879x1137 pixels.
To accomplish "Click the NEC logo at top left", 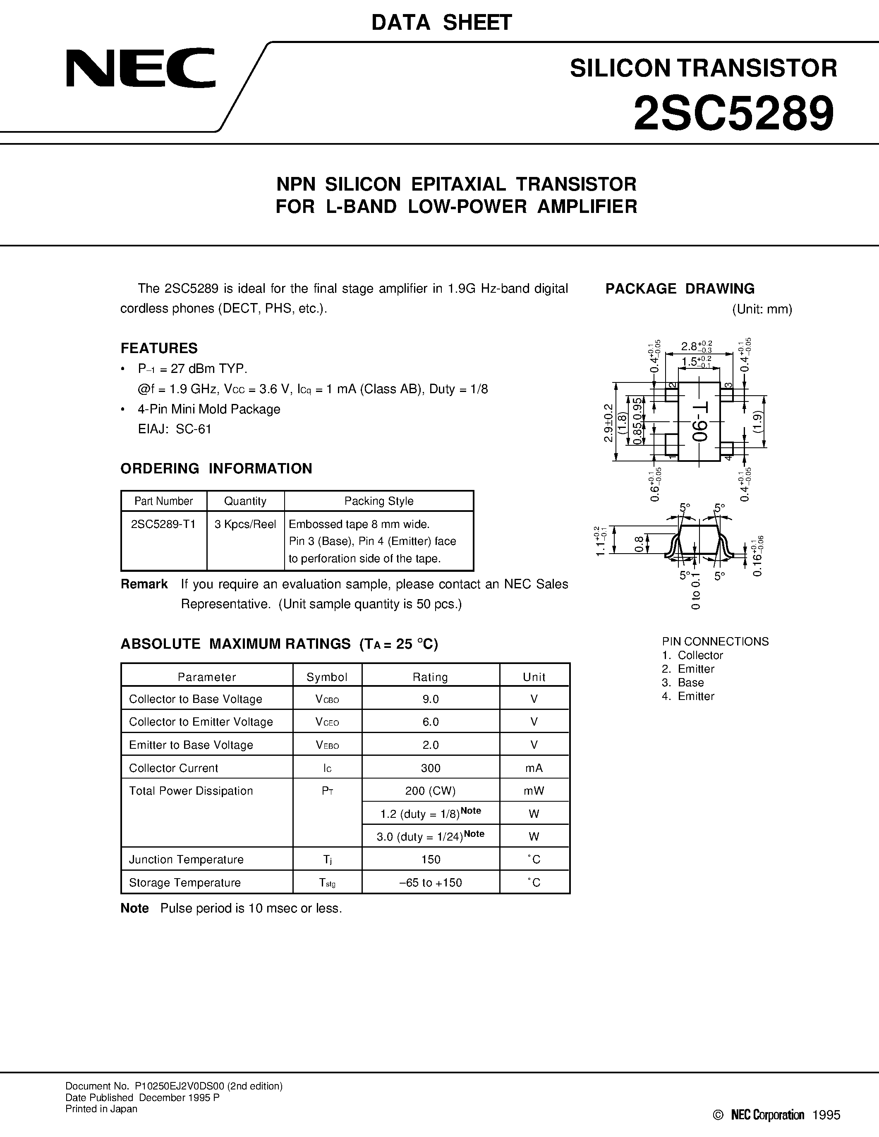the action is (141, 68).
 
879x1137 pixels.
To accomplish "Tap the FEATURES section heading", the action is (159, 348).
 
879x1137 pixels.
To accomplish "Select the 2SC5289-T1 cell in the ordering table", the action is (163, 524).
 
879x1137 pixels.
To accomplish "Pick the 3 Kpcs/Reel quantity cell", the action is (245, 524).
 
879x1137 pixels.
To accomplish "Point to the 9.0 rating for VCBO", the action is (431, 699).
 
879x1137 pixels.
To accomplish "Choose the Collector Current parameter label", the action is (173, 768).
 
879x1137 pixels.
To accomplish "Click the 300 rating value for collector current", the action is (431, 768).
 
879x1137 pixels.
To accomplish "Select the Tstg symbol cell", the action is (327, 883).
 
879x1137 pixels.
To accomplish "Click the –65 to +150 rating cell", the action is (431, 883).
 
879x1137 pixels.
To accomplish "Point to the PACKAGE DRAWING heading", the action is (680, 289).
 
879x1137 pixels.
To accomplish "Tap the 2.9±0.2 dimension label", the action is (608, 423).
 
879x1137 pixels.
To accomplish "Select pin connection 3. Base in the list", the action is (683, 683).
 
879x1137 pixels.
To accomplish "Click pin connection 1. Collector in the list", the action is (692, 655).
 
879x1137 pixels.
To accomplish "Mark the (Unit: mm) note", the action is (762, 309).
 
